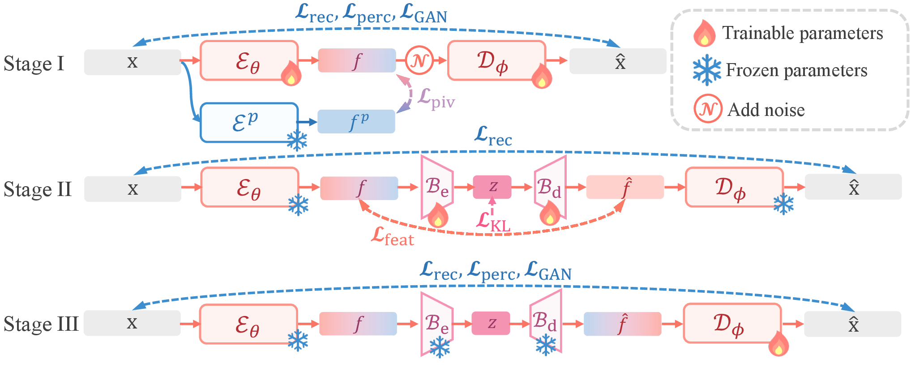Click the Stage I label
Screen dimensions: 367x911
click(34, 64)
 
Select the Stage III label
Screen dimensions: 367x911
click(41, 324)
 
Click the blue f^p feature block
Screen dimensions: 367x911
click(356, 121)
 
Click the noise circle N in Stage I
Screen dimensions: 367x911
click(419, 60)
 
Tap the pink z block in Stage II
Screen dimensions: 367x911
click(492, 187)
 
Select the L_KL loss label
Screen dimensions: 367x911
click(493, 222)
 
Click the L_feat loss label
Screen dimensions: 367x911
click(393, 236)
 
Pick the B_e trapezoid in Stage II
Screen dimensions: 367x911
click(436, 187)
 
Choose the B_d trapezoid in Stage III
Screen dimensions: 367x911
click(545, 322)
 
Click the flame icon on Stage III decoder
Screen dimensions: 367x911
click(778, 344)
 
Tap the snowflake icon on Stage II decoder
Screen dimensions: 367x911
click(783, 204)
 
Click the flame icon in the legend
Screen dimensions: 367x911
click(704, 34)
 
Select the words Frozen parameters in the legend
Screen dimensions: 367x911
click(796, 70)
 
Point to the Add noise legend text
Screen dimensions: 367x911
click(766, 110)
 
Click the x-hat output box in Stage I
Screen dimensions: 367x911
click(618, 61)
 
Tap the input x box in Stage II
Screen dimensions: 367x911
click(133, 188)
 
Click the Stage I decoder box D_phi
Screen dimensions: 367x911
click(496, 60)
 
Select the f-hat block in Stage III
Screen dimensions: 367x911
click(622, 324)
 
